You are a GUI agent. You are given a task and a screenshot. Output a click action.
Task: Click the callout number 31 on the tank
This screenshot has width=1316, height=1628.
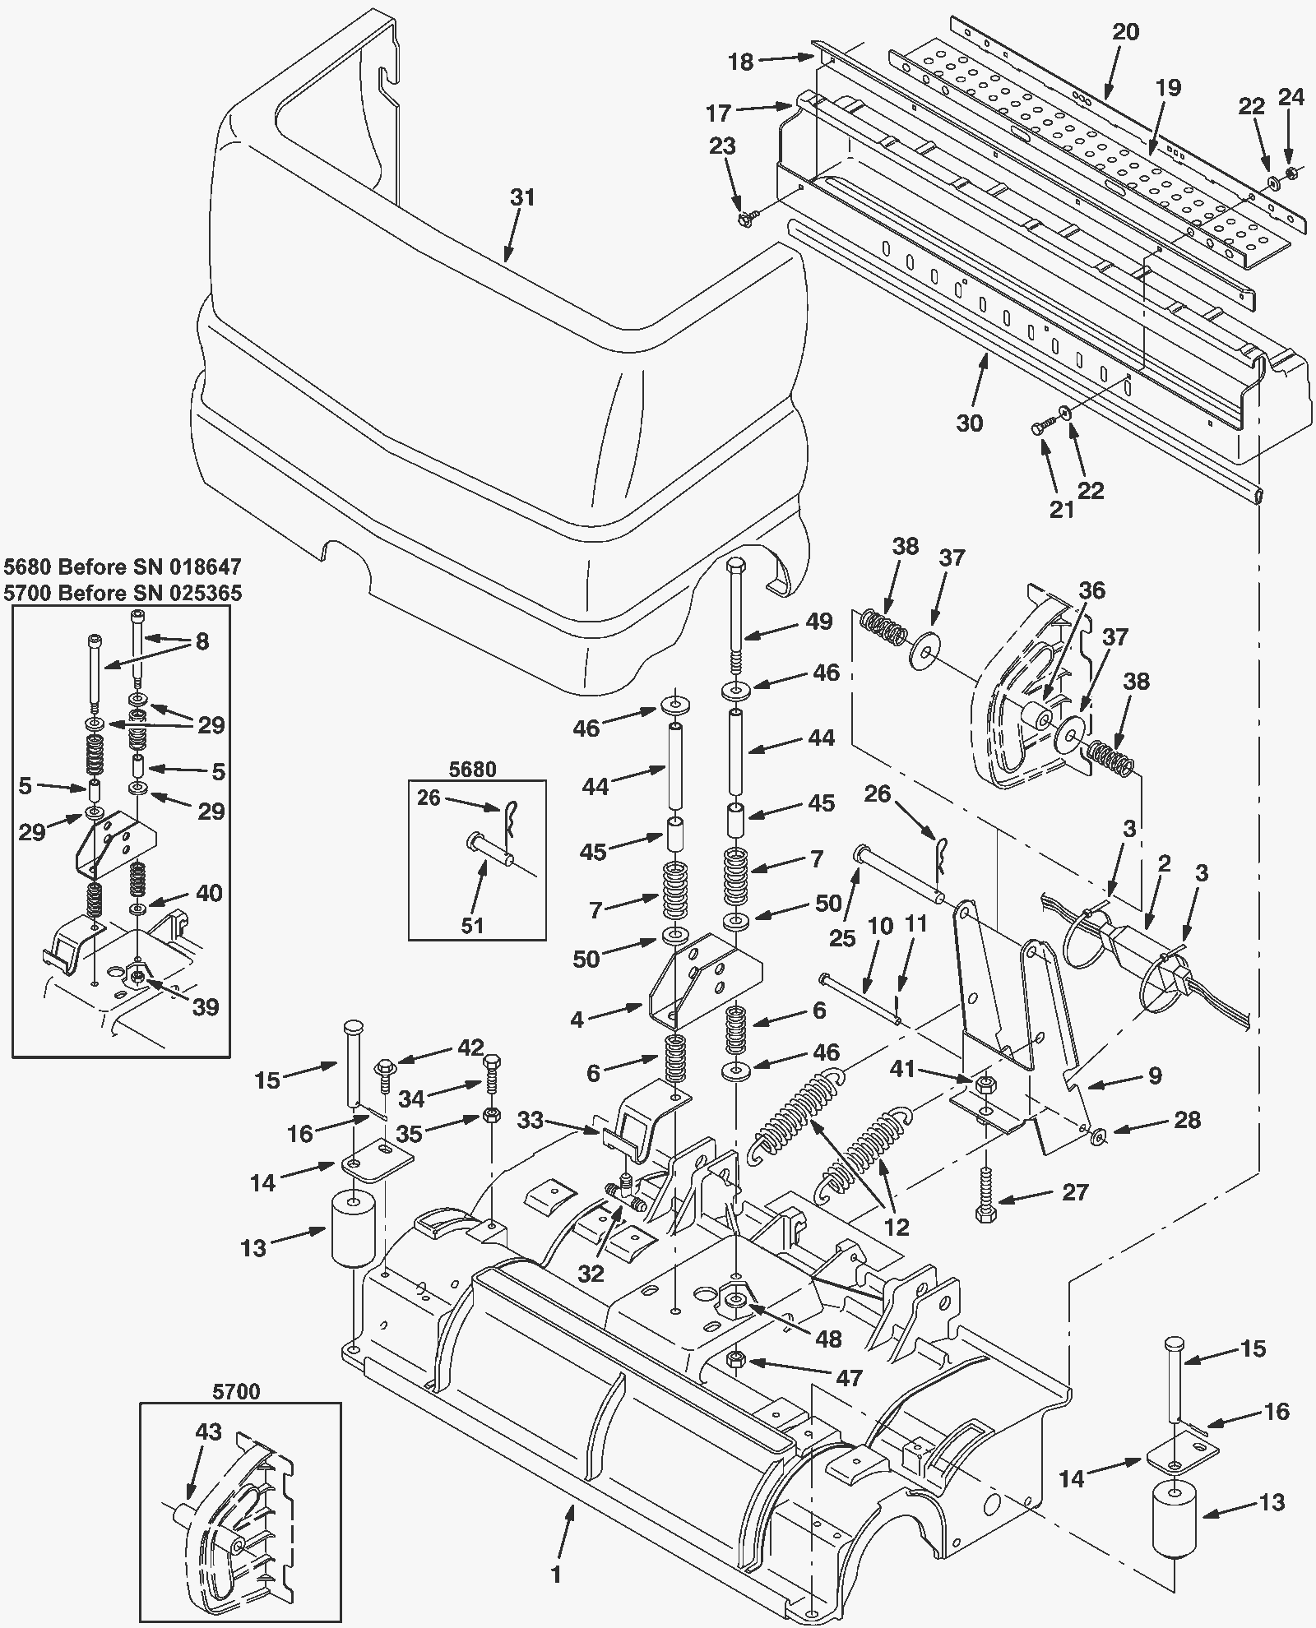click(x=522, y=198)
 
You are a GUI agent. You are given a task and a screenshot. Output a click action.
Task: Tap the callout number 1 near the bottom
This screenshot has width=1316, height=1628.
click(x=556, y=1574)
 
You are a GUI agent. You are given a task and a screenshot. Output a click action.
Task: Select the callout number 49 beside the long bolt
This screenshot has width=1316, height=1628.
click(x=818, y=621)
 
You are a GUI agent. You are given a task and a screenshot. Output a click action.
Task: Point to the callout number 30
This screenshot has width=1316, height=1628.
click(x=970, y=423)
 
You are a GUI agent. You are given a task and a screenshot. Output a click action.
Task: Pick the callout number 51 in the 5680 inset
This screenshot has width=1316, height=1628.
click(x=472, y=926)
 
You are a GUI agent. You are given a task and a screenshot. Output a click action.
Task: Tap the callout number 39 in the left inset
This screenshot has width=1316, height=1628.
click(x=206, y=1006)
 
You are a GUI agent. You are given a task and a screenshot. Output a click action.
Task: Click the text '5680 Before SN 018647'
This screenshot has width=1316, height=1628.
click(x=123, y=567)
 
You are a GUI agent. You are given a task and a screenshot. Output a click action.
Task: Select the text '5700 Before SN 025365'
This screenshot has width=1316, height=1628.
click(x=123, y=593)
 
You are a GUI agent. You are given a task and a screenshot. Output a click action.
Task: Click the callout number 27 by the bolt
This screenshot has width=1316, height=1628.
click(x=1075, y=1192)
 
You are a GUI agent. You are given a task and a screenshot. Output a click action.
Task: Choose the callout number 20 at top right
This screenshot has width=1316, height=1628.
click(x=1126, y=32)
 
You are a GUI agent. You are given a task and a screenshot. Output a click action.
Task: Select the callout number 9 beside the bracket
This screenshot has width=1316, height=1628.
click(x=1155, y=1075)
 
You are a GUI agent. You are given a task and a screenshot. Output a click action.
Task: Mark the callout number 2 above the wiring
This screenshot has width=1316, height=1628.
click(x=1164, y=863)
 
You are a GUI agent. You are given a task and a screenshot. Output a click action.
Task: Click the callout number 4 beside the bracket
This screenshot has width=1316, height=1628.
click(x=577, y=1020)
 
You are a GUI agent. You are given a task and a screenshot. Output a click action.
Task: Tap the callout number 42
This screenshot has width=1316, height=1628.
click(x=471, y=1048)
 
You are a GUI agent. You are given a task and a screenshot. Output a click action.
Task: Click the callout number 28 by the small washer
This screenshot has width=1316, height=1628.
click(x=1187, y=1120)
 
